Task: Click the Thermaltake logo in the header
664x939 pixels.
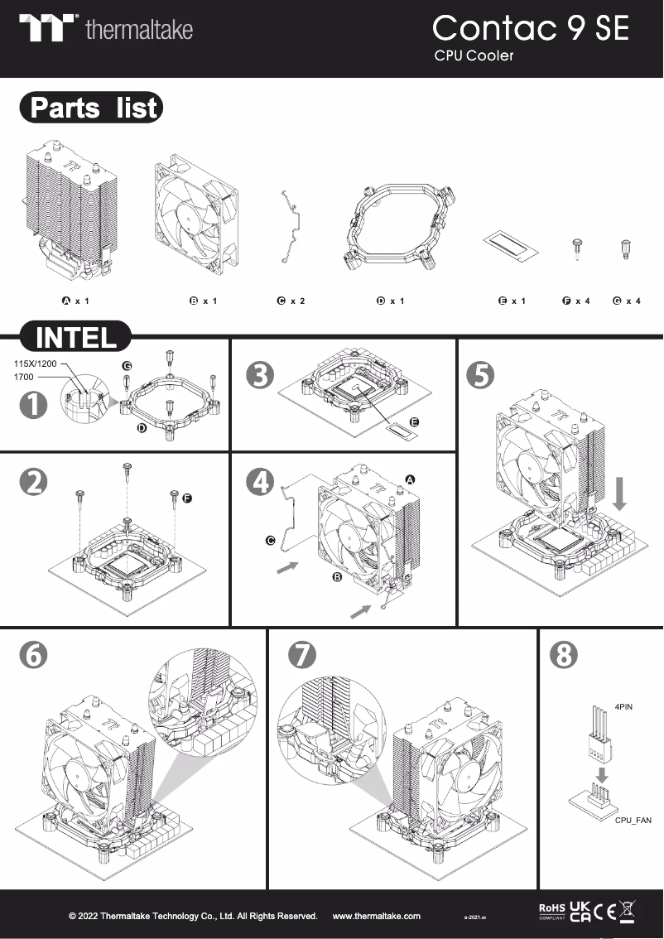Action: click(106, 29)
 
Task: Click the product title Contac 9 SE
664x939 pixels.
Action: click(530, 28)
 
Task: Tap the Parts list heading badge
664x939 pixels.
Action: click(92, 108)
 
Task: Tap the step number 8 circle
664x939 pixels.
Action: click(564, 655)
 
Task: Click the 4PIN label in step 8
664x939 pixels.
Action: click(624, 709)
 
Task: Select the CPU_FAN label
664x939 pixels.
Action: click(633, 820)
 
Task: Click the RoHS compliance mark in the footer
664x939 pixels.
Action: click(551, 912)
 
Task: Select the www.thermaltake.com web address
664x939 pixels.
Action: click(376, 916)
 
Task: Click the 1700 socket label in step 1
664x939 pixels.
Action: click(24, 377)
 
